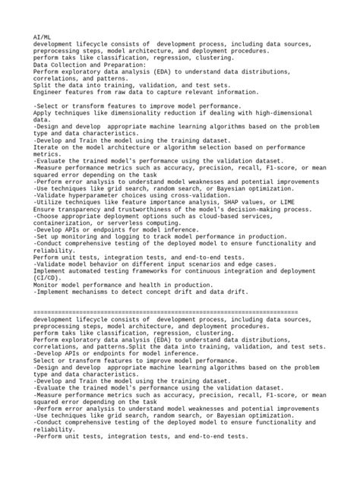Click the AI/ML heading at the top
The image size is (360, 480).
pyautogui.click(x=43, y=36)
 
